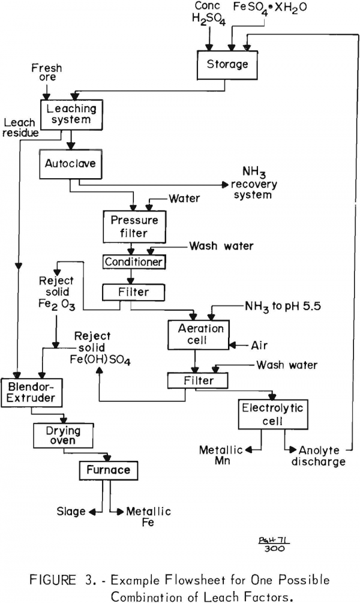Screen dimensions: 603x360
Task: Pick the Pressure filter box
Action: pyautogui.click(x=134, y=226)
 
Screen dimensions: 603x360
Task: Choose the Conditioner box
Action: pyautogui.click(x=134, y=262)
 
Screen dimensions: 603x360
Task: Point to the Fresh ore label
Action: pyautogui.click(x=46, y=74)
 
